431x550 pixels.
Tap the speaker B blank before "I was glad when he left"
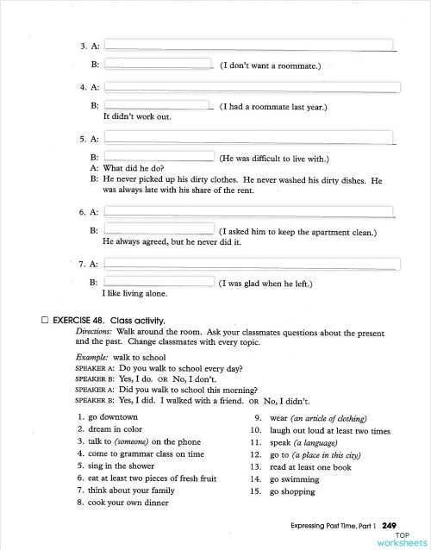(159, 282)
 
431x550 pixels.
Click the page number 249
(389, 525)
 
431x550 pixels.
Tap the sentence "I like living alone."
(135, 293)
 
